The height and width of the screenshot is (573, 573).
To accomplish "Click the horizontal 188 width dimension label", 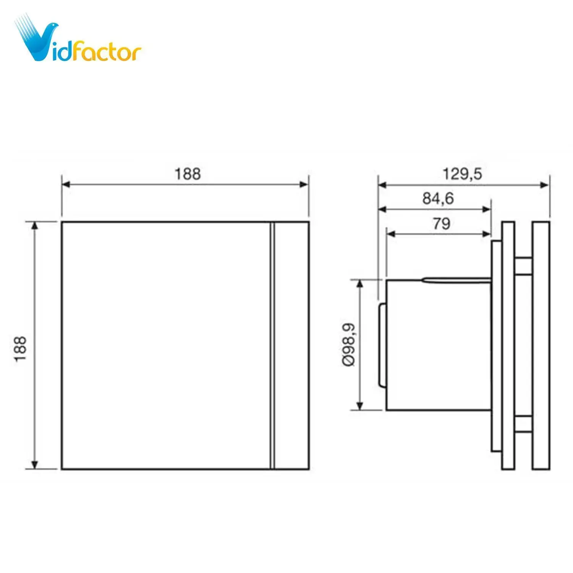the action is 188,174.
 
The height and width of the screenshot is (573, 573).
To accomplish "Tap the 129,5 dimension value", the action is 463,174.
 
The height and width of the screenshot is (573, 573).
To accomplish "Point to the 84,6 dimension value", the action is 438,199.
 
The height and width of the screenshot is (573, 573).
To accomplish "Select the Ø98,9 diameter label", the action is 349,345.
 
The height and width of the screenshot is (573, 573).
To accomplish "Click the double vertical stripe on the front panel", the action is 272,345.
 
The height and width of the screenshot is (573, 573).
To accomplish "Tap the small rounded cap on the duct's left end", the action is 382,345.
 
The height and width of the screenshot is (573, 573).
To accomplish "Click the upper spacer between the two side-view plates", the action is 523,266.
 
